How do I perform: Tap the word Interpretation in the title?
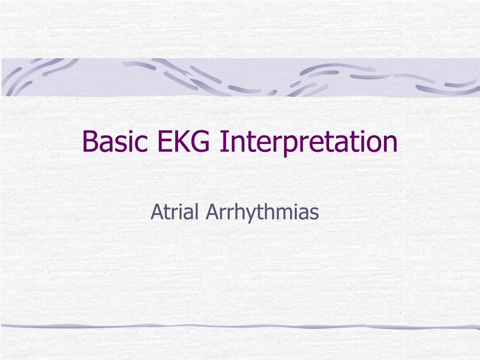pos(308,142)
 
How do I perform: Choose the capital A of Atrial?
pos(156,212)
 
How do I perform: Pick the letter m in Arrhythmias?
pos(285,214)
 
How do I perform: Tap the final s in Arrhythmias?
pos(315,214)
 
